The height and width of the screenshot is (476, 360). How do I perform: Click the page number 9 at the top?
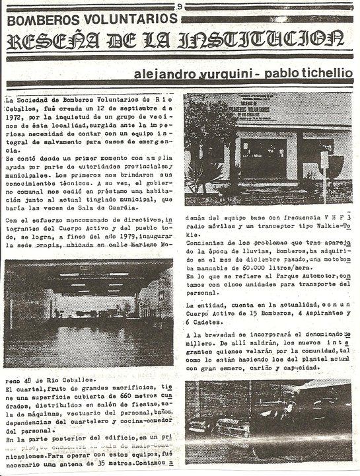pos(180,7)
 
